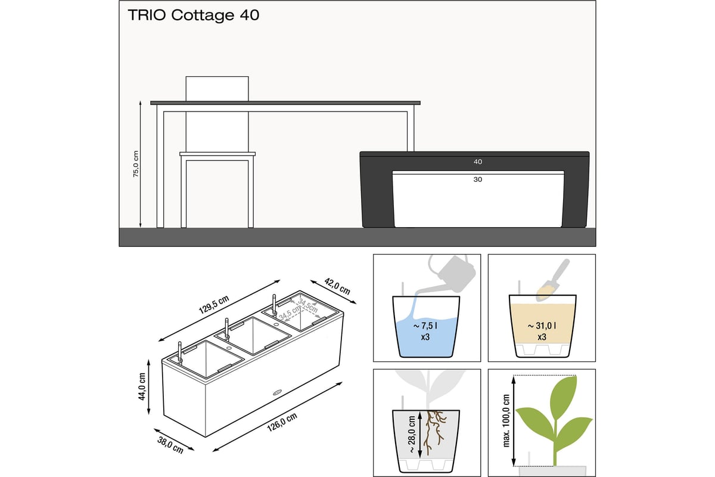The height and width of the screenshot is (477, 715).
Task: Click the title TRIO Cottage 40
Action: pos(194,16)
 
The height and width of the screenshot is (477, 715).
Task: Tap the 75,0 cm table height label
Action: pos(136,164)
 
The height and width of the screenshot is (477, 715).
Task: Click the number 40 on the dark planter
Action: pos(477,162)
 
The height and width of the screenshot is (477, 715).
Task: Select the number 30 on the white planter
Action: pos(477,179)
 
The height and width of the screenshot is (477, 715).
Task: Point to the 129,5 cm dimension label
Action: pos(214,305)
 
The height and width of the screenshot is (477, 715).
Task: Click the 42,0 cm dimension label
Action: pos(337,286)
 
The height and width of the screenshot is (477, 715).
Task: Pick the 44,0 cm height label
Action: pos(142,386)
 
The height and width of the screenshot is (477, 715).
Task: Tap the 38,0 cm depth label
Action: pos(170,445)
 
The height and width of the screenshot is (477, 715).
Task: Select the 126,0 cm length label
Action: pos(282,422)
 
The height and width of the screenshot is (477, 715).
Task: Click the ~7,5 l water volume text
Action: pos(425,326)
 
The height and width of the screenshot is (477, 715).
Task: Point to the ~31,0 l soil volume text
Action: pos(542,326)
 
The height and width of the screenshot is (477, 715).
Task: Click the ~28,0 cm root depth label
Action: pos(412,434)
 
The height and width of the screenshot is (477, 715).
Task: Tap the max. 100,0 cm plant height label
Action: pos(506,420)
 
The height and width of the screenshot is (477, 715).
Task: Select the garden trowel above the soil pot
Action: pos(552,280)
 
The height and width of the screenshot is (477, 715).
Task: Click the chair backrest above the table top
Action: pos(217,89)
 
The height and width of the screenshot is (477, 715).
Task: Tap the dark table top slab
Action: pos(285,103)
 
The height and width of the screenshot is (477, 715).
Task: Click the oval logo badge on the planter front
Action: pos(278,392)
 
